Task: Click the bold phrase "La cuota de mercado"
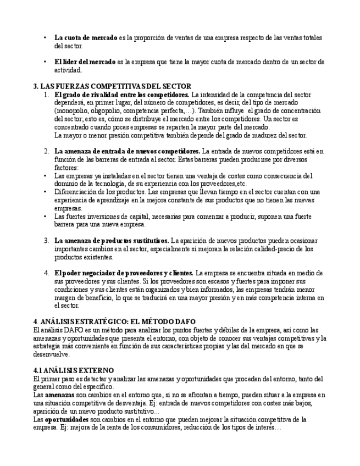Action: pos(85,38)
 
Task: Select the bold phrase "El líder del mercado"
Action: pos(85,62)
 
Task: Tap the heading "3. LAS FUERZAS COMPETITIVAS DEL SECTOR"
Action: pos(112,86)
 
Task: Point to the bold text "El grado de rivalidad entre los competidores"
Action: pos(121,95)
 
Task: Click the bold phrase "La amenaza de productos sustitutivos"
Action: pos(112,241)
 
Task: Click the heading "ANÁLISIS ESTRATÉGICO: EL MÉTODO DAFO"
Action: pos(118,321)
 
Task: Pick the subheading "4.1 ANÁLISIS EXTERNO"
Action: pos(74,370)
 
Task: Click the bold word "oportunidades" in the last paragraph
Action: pos(67,419)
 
